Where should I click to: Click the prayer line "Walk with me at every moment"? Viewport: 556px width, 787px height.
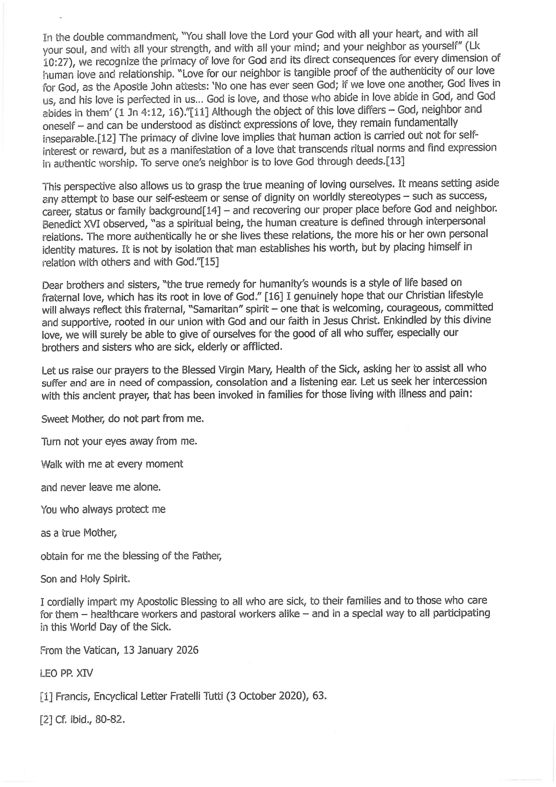click(x=112, y=464)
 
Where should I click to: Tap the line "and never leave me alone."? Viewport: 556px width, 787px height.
click(x=101, y=487)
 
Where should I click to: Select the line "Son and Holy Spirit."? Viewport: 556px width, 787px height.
click(x=86, y=579)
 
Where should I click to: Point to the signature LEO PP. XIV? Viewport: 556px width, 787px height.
click(x=67, y=674)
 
